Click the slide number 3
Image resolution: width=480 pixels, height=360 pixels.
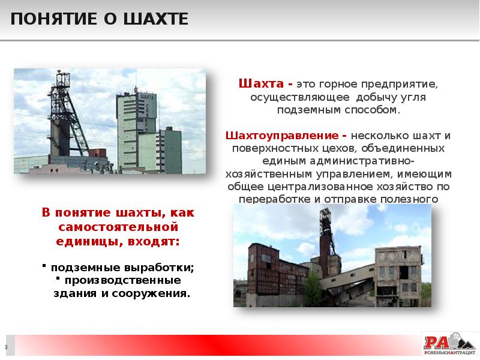(x=6, y=347)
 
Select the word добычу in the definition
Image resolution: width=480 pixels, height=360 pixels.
(x=374, y=97)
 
